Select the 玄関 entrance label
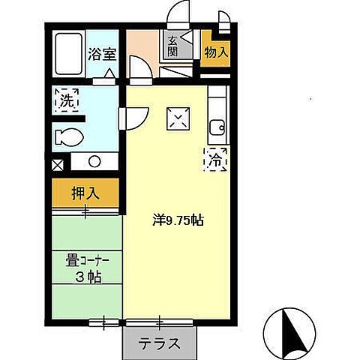[173, 46]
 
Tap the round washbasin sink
[94, 160]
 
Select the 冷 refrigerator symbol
[215, 158]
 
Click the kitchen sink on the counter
[217, 127]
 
